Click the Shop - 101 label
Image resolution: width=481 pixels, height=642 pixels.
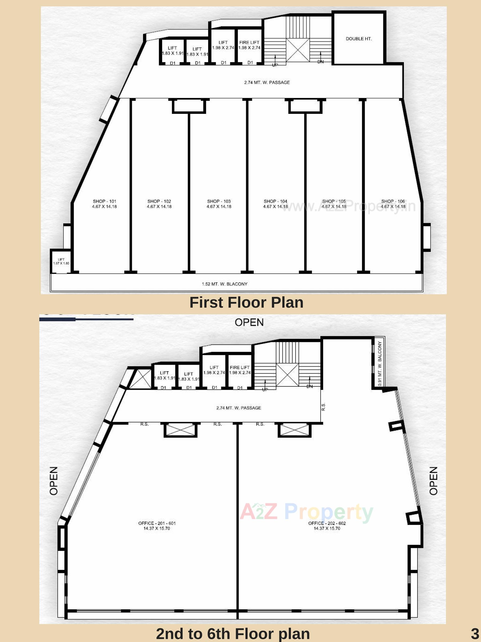pyautogui.click(x=105, y=204)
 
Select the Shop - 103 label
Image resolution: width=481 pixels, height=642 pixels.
pyautogui.click(x=219, y=204)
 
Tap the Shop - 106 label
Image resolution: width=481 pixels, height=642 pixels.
pyautogui.click(x=393, y=204)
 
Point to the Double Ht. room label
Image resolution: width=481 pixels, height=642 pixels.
pyautogui.click(x=359, y=39)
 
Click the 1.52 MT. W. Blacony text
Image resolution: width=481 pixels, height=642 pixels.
pyautogui.click(x=225, y=284)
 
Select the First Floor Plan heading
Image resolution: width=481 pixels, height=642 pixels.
pyautogui.click(x=246, y=303)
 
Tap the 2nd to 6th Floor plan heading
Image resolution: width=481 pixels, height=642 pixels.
pyautogui.click(x=233, y=634)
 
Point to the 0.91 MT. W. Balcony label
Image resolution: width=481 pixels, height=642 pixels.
pyautogui.click(x=380, y=363)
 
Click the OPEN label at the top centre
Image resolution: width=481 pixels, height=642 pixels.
pyautogui.click(x=249, y=322)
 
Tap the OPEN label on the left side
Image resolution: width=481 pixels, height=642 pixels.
pyautogui.click(x=54, y=481)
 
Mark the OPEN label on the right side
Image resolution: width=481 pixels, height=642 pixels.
pyautogui.click(x=433, y=481)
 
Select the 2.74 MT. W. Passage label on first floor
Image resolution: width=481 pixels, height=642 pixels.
pyautogui.click(x=267, y=82)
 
